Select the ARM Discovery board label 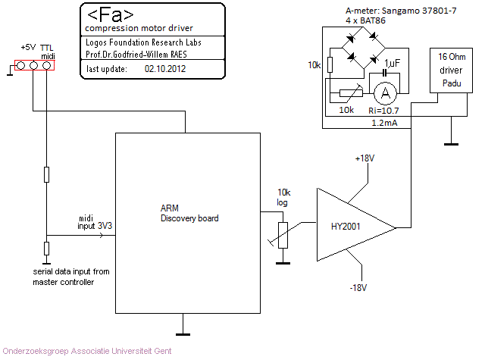point(189,213)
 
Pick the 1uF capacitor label point(393,62)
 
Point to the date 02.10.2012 point(164,67)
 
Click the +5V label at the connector point(27,47)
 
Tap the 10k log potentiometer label point(283,196)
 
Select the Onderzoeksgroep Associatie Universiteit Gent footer point(87,351)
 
